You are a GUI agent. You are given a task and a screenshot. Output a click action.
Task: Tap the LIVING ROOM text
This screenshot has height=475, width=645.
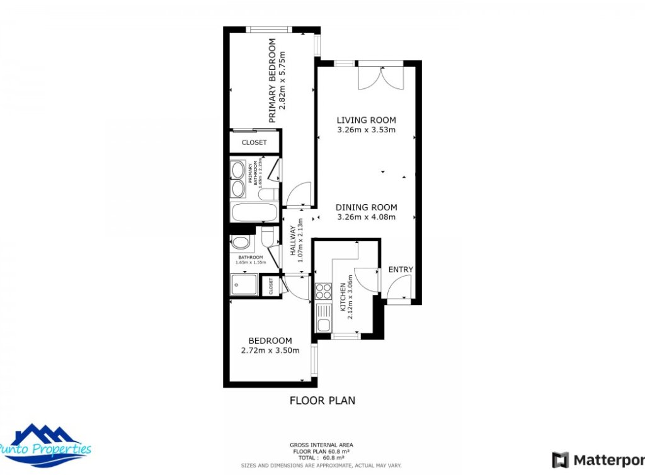pyautogui.click(x=366, y=120)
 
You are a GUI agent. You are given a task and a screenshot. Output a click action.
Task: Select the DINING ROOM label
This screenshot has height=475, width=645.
pyautogui.click(x=366, y=207)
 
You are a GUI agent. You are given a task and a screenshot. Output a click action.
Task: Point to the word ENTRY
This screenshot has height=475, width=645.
pyautogui.click(x=401, y=270)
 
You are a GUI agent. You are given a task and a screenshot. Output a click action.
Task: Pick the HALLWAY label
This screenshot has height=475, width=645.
pyautogui.click(x=293, y=240)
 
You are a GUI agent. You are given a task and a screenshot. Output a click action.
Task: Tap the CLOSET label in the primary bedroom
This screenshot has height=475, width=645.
pyautogui.click(x=254, y=142)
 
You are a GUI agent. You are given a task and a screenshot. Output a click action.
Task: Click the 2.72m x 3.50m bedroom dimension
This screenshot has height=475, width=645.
pyautogui.click(x=270, y=351)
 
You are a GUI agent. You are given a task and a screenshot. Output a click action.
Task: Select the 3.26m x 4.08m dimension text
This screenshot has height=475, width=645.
pyautogui.click(x=366, y=217)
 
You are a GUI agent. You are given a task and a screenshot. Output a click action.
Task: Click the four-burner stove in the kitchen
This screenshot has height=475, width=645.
pyautogui.click(x=323, y=291)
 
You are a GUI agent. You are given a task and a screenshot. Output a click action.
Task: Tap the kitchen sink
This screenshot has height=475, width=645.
pyautogui.click(x=324, y=318)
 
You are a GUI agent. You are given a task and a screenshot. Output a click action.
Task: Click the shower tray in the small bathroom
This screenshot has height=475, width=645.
pyautogui.click(x=244, y=285)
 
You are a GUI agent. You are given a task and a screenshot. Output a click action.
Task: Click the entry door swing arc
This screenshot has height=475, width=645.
pyautogui.click(x=397, y=288)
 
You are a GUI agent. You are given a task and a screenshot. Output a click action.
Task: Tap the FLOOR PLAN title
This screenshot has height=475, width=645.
pyautogui.click(x=322, y=400)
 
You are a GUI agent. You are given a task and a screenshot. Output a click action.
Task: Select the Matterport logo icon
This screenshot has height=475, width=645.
pyautogui.click(x=560, y=460)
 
